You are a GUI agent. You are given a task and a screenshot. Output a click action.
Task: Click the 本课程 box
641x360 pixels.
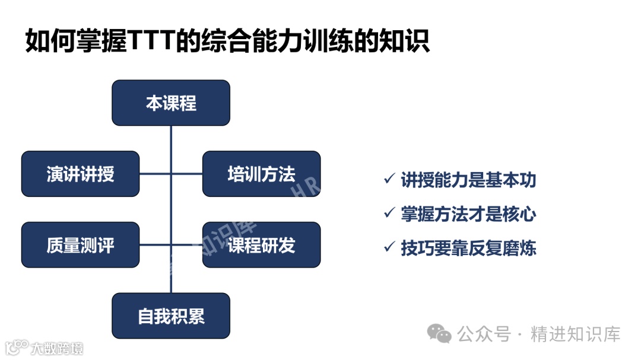point(171,103)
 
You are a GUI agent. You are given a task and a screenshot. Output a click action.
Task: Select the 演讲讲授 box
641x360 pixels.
point(81,174)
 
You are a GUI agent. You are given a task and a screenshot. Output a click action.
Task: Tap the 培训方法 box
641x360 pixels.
point(261,174)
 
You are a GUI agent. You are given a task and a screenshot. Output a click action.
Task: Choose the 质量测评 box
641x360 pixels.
point(81,245)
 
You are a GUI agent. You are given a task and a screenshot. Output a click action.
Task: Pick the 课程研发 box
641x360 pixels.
point(261,245)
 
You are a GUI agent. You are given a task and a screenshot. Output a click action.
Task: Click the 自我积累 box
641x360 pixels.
point(171,316)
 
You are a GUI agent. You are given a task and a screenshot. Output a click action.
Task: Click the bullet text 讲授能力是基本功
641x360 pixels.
point(468,180)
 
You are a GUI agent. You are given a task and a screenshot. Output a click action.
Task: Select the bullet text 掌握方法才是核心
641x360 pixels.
point(468,214)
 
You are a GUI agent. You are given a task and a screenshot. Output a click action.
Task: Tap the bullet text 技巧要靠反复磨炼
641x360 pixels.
point(468,247)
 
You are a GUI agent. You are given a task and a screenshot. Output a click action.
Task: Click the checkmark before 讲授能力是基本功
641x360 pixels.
point(389,179)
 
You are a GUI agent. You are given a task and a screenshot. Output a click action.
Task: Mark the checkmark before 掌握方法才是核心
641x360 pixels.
point(389,212)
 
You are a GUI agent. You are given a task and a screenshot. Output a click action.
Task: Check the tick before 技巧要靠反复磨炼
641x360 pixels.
point(389,246)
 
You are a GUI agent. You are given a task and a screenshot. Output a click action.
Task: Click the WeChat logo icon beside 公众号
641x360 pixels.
point(440,334)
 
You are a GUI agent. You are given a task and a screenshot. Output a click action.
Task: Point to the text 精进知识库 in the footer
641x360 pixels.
point(575,334)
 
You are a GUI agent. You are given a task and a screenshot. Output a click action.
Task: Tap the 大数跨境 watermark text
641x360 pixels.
point(58,348)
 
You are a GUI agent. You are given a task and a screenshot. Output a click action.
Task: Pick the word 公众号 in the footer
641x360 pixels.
point(484,334)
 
